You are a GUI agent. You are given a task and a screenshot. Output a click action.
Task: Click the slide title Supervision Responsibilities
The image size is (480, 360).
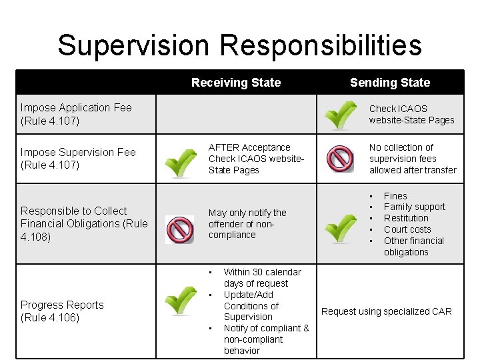pos(239,45)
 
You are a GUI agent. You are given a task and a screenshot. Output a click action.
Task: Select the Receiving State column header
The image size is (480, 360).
pos(236,83)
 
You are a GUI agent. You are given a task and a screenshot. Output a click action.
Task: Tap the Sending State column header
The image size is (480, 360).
pos(390,83)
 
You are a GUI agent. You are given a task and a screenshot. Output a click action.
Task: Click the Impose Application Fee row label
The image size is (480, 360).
pos(76,114)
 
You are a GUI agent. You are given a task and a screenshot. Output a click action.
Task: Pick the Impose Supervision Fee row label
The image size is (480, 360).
pos(78,158)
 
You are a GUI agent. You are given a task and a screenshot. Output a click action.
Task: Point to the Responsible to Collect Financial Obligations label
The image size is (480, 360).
pos(84,223)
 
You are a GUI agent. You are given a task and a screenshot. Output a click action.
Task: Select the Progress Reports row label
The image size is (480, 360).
pos(62,311)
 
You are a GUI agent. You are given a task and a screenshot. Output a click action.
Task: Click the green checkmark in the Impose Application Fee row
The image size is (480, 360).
pos(340,115)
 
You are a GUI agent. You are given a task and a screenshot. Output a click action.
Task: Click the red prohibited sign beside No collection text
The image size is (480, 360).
pos(340,159)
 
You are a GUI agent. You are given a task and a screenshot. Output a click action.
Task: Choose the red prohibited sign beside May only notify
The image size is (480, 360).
pos(179,229)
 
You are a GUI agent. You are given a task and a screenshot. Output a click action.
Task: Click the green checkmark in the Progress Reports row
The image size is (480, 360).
pos(180,301)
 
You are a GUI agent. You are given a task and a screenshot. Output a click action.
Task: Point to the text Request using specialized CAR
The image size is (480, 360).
pos(387,311)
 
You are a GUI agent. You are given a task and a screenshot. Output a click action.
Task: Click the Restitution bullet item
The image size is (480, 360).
pos(406,218)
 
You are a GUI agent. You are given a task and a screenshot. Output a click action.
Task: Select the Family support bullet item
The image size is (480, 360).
pos(415,207)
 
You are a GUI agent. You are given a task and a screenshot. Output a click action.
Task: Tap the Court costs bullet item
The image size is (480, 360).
pos(407,229)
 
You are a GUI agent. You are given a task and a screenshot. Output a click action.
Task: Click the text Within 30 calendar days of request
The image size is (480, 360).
pos(262,277)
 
